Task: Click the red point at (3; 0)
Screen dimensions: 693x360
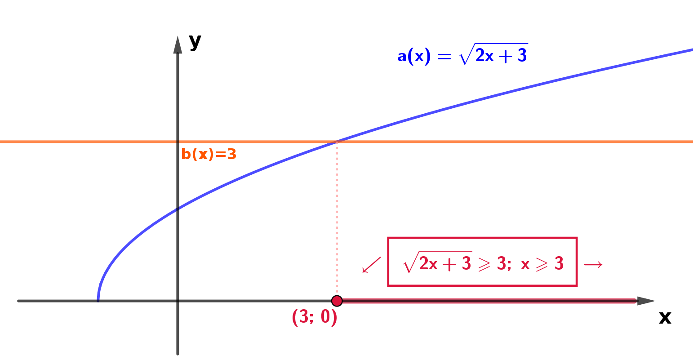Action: coord(337,301)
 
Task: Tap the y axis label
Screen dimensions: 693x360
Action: coord(195,41)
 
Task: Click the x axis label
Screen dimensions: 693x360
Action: coord(665,318)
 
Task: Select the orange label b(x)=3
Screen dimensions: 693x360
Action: coord(209,154)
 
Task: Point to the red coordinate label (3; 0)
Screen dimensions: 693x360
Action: coord(314,317)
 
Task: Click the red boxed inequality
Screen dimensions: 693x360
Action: coord(482,262)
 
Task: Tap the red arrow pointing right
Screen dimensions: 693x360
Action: coord(593,265)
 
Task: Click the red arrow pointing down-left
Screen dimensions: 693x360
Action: coord(371,265)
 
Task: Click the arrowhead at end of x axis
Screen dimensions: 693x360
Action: coord(646,301)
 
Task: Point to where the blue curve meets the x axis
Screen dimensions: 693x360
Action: coord(98,301)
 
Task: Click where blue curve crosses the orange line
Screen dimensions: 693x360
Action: coord(337,142)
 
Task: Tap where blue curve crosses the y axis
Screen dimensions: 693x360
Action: coord(178,209)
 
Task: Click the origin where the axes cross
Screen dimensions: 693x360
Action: coord(178,301)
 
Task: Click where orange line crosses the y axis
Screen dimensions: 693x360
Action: coord(178,142)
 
